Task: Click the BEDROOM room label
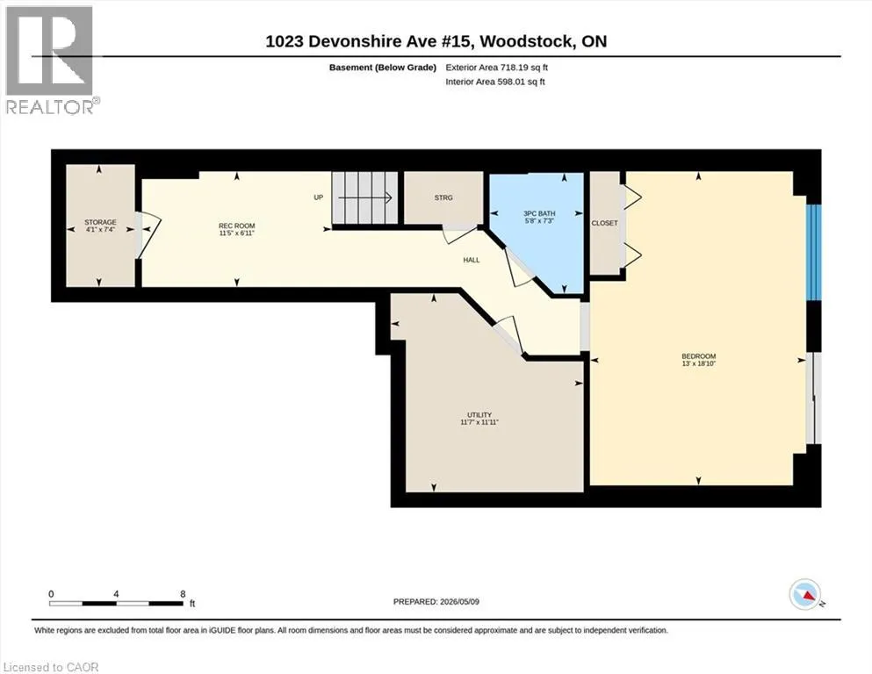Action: pyautogui.click(x=698, y=356)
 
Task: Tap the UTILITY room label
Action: pyautogui.click(x=479, y=414)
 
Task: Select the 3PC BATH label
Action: pyautogui.click(x=539, y=213)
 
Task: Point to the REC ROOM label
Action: pyautogui.click(x=237, y=226)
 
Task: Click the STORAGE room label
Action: pyautogui.click(x=101, y=222)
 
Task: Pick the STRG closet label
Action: pyautogui.click(x=443, y=197)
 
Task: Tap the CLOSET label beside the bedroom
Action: pyautogui.click(x=604, y=223)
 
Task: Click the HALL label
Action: pyautogui.click(x=472, y=260)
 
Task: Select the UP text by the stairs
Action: pyautogui.click(x=319, y=197)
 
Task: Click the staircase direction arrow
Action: pyautogui.click(x=364, y=197)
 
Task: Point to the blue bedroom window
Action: pyautogui.click(x=814, y=252)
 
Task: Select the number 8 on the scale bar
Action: pyautogui.click(x=183, y=594)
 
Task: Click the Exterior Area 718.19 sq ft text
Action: pyautogui.click(x=497, y=68)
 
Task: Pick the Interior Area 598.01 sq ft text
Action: pyautogui.click(x=495, y=82)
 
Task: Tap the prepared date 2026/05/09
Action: pyautogui.click(x=459, y=601)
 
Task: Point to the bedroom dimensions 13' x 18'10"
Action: pyautogui.click(x=698, y=363)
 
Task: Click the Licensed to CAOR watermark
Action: pyautogui.click(x=51, y=667)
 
